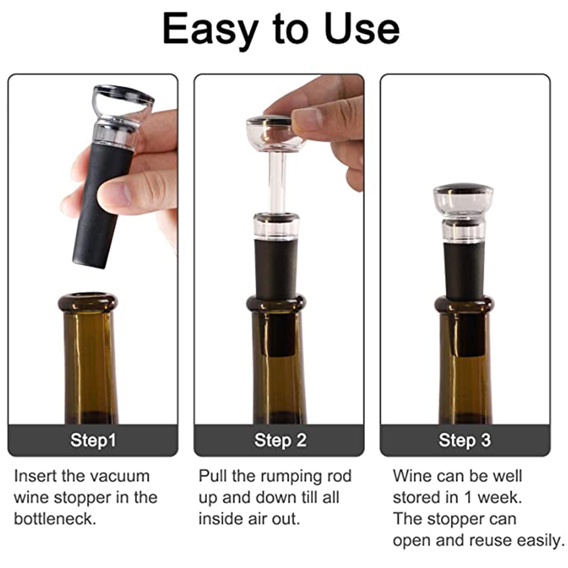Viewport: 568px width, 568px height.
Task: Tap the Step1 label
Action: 93,440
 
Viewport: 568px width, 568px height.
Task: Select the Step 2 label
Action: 280,440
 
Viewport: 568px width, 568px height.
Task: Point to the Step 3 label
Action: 464,440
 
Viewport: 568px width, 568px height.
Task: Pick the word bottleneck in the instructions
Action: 55,519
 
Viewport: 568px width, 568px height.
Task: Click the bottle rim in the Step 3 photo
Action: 463,304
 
